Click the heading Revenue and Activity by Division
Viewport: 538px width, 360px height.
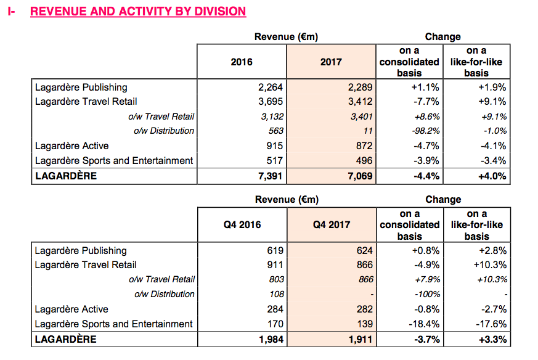(138, 11)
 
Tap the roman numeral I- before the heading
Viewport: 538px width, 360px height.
(11, 11)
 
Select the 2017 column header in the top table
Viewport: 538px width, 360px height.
(331, 62)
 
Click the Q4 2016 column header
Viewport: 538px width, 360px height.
(242, 225)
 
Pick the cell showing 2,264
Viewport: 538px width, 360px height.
(271, 87)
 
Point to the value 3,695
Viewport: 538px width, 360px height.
(271, 102)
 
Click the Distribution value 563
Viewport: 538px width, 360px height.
(276, 131)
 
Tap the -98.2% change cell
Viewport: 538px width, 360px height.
(426, 131)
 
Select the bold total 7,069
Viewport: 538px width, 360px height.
(360, 176)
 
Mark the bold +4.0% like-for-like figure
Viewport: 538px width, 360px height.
(492, 176)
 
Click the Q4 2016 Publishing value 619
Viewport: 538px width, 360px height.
(275, 250)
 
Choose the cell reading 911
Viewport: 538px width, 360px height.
(275, 265)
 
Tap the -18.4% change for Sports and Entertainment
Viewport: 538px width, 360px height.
(424, 324)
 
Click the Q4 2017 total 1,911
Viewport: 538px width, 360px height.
(361, 340)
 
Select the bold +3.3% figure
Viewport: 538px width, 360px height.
(493, 340)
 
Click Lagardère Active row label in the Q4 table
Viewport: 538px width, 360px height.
(71, 309)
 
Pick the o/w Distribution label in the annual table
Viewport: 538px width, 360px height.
(164, 131)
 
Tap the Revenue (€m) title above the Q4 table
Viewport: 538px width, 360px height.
(287, 199)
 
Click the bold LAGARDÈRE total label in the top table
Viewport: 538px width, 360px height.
(66, 176)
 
